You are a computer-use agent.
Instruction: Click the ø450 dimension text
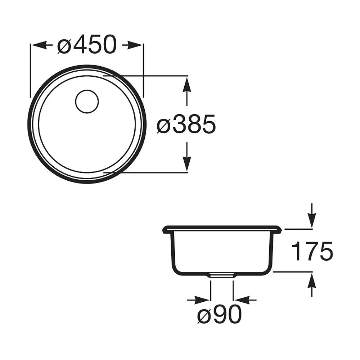click(87, 45)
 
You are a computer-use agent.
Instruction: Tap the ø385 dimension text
click(186, 124)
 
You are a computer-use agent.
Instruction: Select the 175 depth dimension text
click(312, 251)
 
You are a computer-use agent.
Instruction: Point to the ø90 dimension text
click(220, 315)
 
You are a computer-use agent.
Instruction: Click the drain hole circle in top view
click(87, 101)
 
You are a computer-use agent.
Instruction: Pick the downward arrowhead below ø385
click(188, 164)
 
